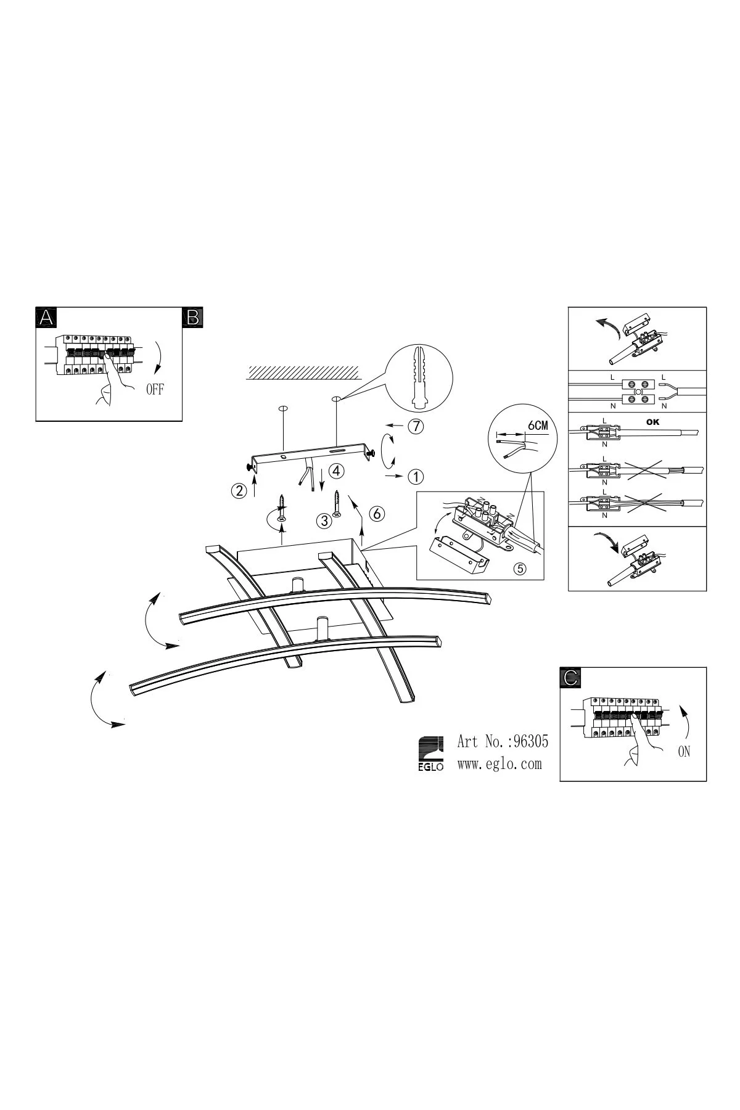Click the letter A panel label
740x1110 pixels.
(46, 318)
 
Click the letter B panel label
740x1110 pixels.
(193, 318)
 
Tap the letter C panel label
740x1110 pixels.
(570, 678)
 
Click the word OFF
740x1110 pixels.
(155, 389)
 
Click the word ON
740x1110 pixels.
(684, 752)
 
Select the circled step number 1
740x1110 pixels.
(416, 477)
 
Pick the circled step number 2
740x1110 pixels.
(238, 491)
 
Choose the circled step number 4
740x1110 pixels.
(336, 471)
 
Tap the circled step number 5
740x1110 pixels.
(520, 569)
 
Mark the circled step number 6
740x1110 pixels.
(377, 513)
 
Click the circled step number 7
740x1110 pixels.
(417, 425)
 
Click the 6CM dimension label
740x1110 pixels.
(538, 425)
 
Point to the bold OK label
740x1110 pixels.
(652, 422)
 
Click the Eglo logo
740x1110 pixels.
(431, 754)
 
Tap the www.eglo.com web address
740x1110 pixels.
(499, 763)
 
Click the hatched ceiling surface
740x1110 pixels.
(303, 372)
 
